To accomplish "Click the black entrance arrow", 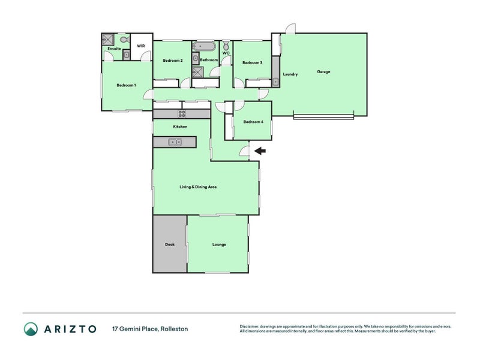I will [260, 151].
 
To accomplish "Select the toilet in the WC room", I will [226, 46].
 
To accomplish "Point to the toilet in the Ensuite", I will [124, 40].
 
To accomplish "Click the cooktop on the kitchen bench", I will [181, 113].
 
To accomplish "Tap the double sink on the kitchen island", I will [175, 142].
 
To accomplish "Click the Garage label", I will [323, 72].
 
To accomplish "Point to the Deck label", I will [170, 244].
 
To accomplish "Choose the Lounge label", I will [218, 244].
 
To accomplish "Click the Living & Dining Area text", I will [198, 187].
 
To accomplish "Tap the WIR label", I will [140, 46].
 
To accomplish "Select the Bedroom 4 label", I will [253, 122].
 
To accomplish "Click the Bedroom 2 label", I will [172, 60].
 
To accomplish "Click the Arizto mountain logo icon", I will [30, 328].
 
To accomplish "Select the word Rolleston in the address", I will [176, 329].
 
